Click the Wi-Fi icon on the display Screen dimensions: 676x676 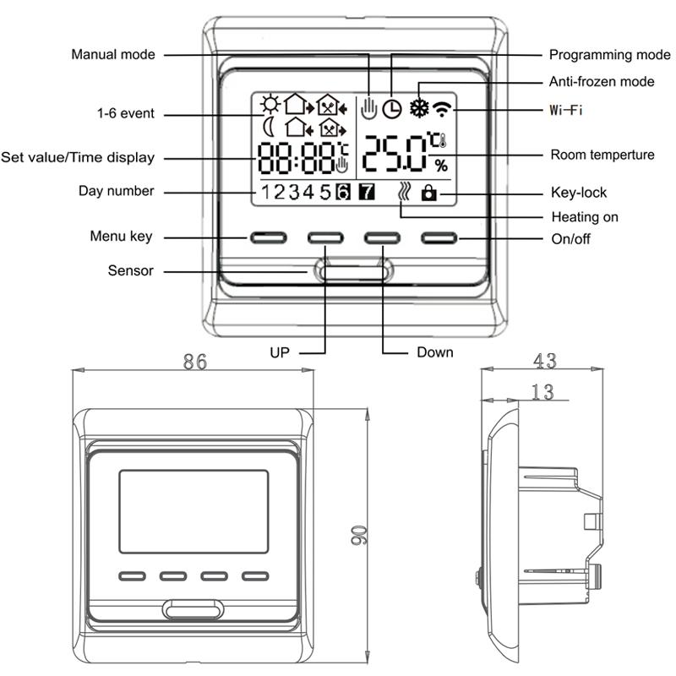click(441, 107)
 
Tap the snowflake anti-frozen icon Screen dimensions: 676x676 click(417, 107)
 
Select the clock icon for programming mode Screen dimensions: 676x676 click(391, 108)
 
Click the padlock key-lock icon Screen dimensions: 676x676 click(429, 194)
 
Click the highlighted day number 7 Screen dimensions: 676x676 click(367, 192)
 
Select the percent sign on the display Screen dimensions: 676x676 click(441, 165)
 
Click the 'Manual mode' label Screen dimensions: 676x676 click(113, 55)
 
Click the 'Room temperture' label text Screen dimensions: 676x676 click(602, 155)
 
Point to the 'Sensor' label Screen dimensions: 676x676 click(131, 271)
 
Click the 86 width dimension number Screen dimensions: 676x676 click(195, 362)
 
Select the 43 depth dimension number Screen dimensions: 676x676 click(545, 361)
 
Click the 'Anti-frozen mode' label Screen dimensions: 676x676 click(602, 82)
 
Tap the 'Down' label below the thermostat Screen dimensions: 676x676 click(434, 352)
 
